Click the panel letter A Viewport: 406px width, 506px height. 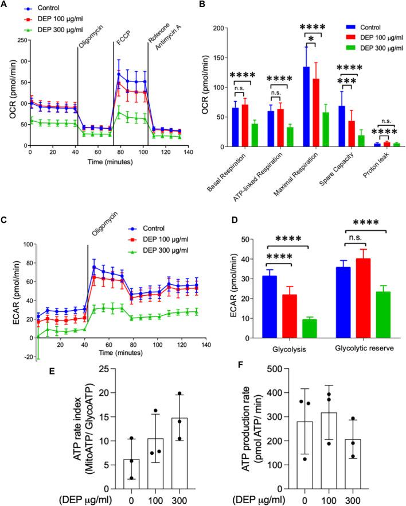pyautogui.click(x=6, y=5)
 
